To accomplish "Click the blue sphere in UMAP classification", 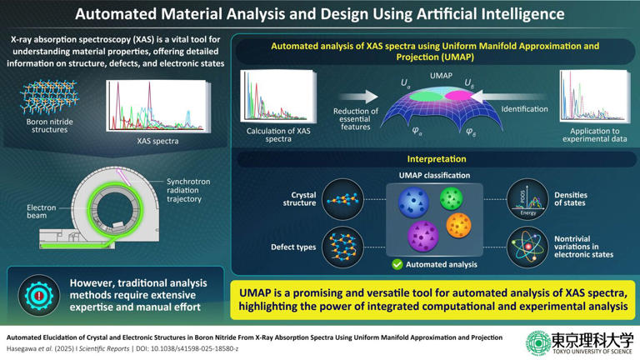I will coord(412,202).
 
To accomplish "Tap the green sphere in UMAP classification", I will coord(451,198).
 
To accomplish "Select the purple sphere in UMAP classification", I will coord(423,236).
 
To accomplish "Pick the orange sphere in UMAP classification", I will coord(458,225).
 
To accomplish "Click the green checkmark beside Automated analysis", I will coord(397,264).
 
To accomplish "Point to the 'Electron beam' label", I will coord(42,212).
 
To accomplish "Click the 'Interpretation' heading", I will coord(436,158).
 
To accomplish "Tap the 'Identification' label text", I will coord(524,109).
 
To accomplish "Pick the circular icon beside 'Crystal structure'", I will coord(342,200).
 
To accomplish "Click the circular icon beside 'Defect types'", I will coord(342,247).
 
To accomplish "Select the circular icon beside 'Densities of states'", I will coord(528,200).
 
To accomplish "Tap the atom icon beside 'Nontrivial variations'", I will coord(528,247).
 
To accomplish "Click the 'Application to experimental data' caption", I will coord(593,136).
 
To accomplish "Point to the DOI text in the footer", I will coord(191,347).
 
